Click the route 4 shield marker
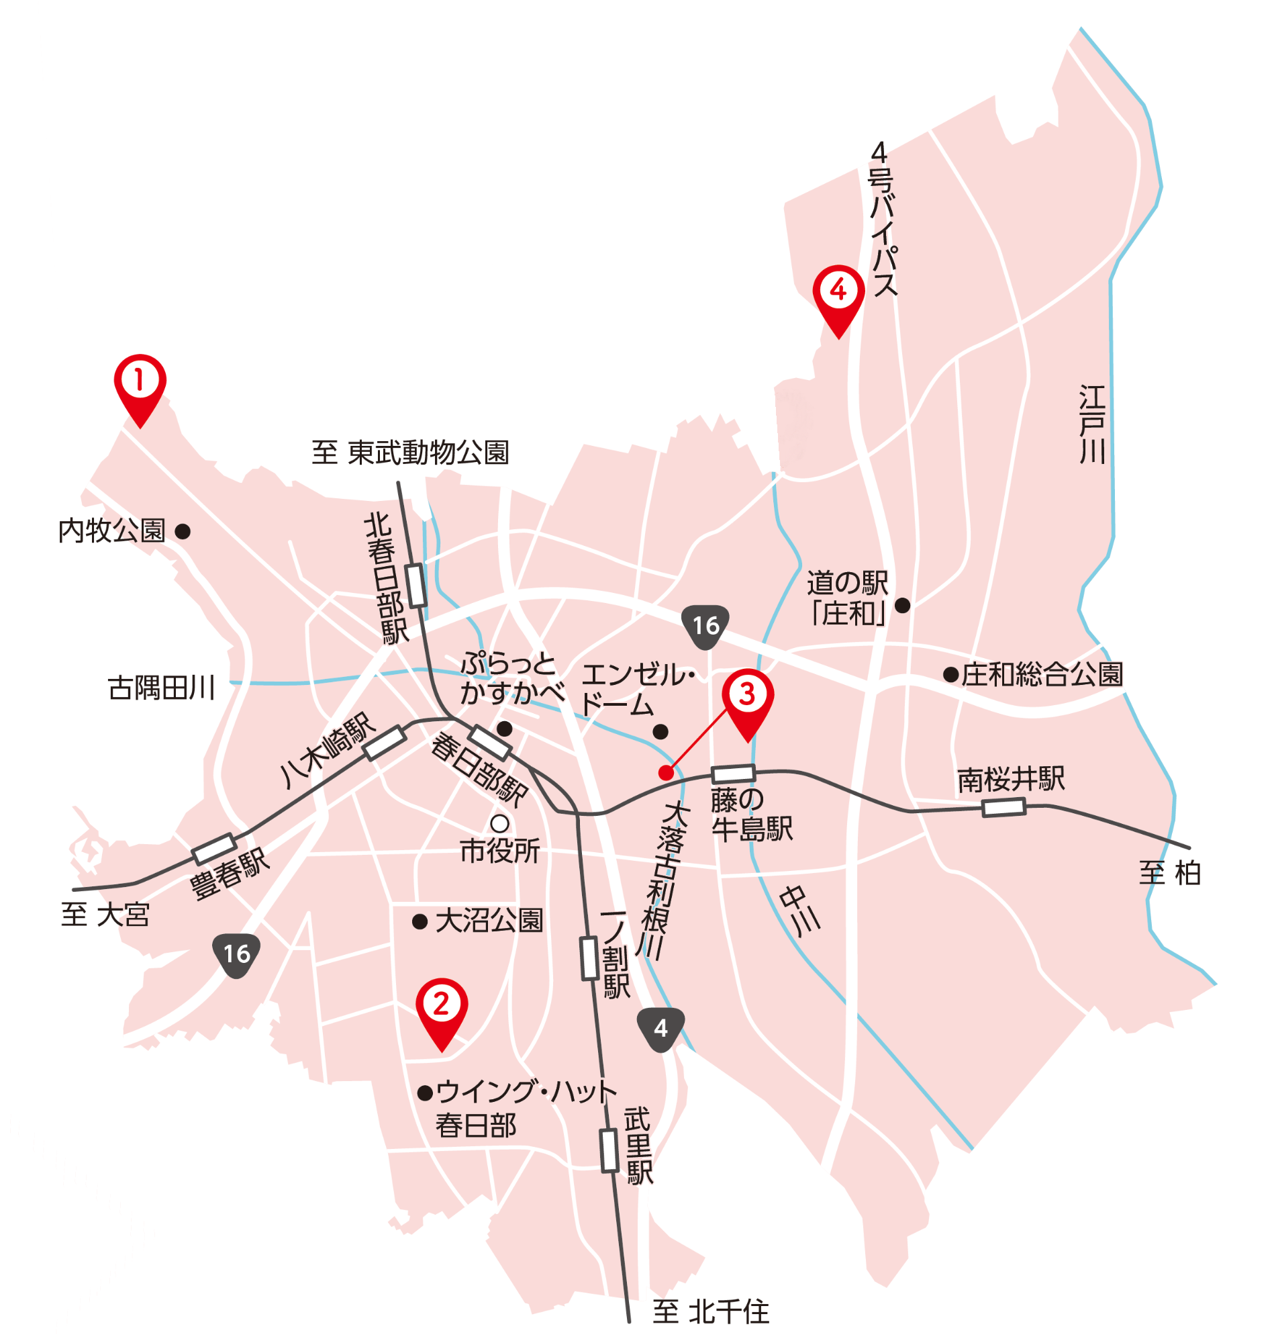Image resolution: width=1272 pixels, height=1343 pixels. [x=661, y=1028]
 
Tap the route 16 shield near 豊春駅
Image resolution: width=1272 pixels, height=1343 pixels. [x=237, y=954]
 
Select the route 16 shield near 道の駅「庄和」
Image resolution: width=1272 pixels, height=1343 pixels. [x=705, y=625]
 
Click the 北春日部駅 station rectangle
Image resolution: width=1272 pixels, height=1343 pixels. [x=416, y=585]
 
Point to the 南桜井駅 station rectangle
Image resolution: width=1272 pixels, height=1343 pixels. [x=1004, y=807]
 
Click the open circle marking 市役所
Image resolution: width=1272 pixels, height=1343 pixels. [x=499, y=823]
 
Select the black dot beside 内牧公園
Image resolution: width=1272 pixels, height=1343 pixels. [x=183, y=531]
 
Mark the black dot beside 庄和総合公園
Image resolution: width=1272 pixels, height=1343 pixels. [x=950, y=674]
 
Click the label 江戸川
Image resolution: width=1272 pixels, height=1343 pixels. [x=1091, y=424]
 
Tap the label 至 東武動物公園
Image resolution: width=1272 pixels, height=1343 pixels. [x=409, y=453]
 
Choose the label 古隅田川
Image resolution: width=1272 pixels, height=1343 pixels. [x=161, y=688]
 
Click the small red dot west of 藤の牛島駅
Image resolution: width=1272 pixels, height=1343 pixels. [x=666, y=773]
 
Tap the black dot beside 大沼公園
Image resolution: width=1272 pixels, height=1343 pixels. [x=420, y=921]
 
